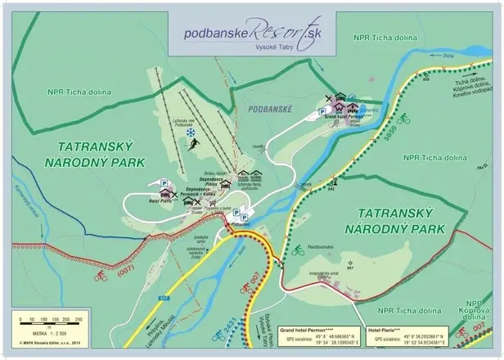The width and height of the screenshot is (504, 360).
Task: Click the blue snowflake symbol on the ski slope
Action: click(191, 132)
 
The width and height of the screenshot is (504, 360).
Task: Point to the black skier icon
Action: click(193, 145)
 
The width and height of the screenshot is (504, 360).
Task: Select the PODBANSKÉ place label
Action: click(264, 107)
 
